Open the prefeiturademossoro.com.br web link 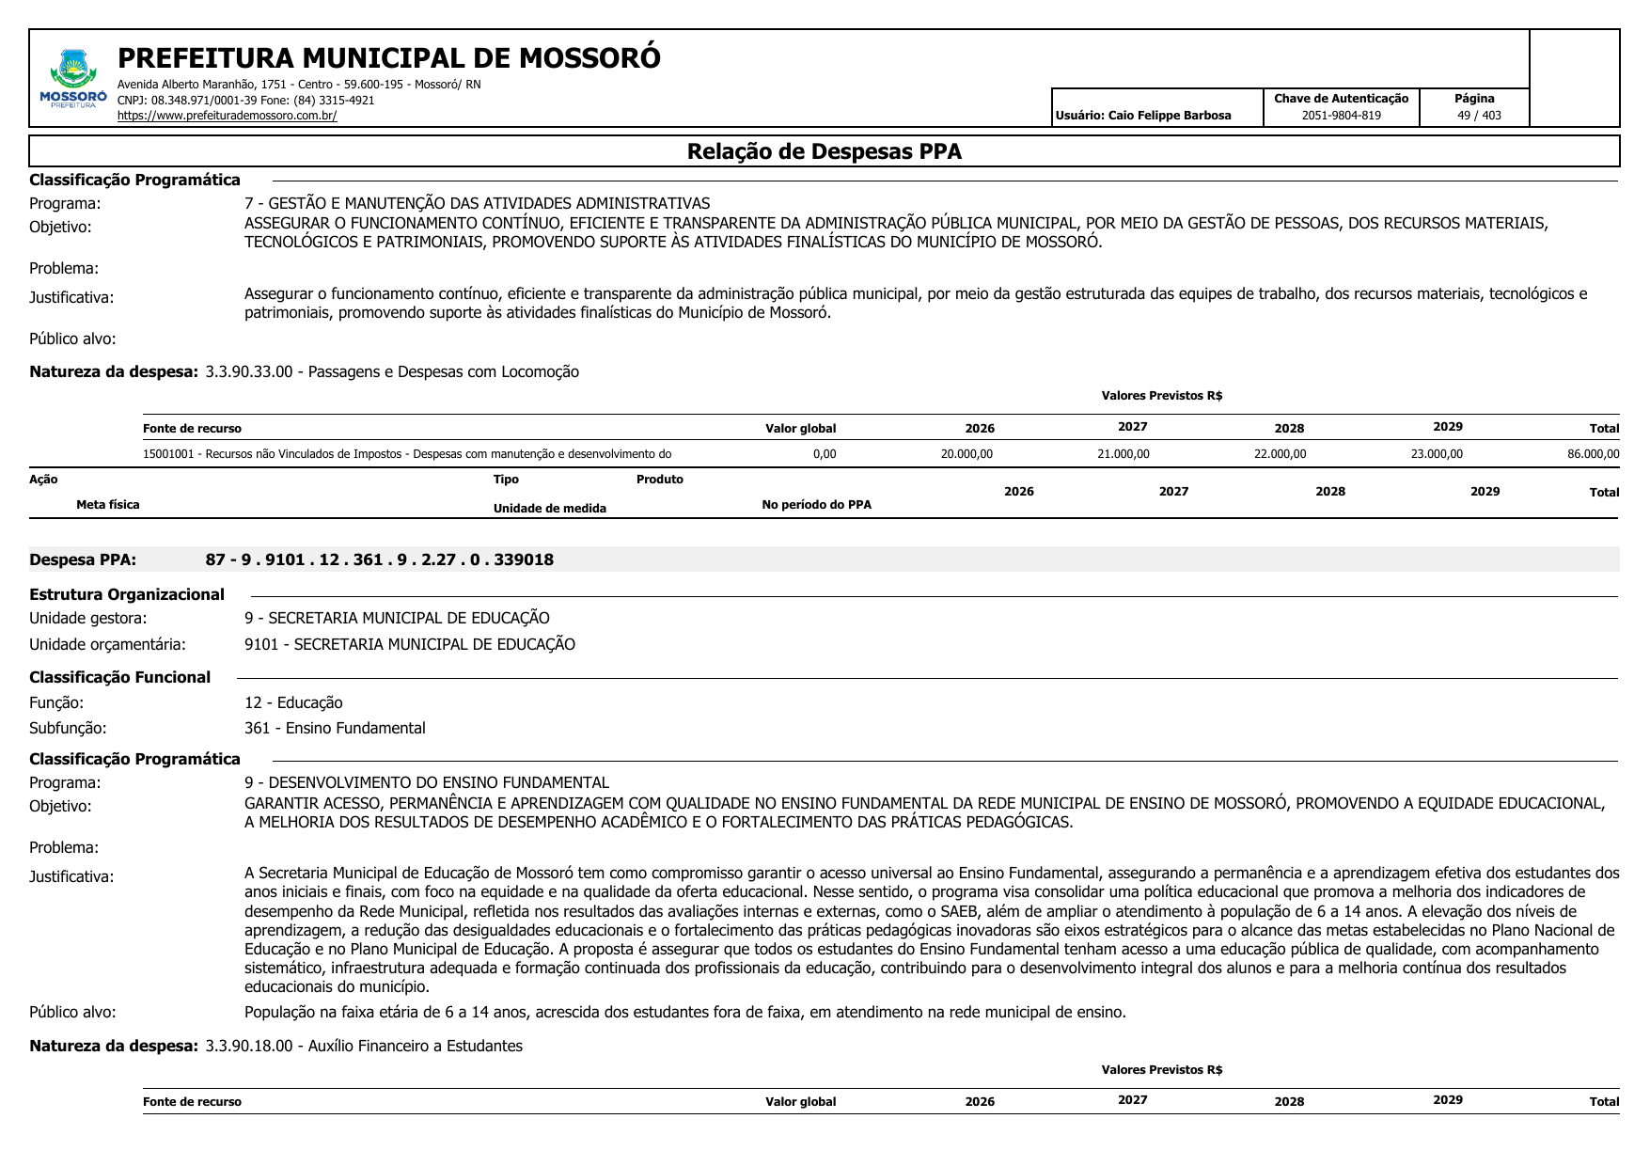(x=227, y=116)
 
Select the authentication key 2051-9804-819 (x=1341, y=116)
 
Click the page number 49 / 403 (x=1479, y=116)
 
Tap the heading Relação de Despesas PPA (x=824, y=151)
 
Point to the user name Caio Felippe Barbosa (x=1170, y=116)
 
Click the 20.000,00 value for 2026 (x=966, y=454)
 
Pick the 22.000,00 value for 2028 (x=1280, y=454)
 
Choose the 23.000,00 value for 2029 (x=1437, y=454)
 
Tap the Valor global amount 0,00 (x=824, y=454)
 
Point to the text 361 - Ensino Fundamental (x=335, y=728)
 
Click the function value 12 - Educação (x=293, y=702)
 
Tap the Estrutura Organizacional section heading (x=127, y=594)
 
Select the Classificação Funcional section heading (x=120, y=677)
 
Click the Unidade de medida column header (x=550, y=509)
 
